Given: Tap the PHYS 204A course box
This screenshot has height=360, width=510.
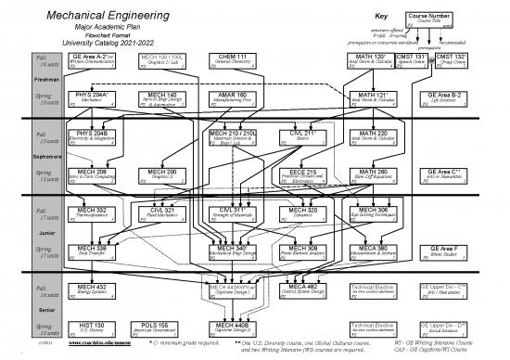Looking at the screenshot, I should (93, 97).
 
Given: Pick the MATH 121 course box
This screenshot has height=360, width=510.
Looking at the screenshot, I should (370, 97).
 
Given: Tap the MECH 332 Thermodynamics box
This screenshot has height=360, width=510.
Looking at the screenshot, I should (93, 214).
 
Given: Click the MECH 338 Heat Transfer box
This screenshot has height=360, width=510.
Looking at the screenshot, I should (93, 252).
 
